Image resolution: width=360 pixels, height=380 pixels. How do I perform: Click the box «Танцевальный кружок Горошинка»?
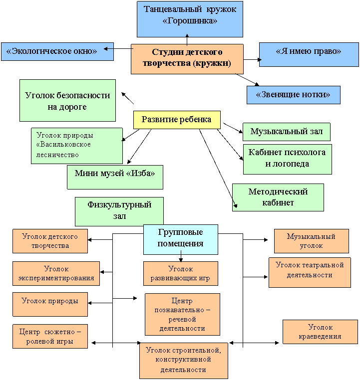190,19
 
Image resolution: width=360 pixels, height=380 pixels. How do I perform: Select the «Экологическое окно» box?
57,52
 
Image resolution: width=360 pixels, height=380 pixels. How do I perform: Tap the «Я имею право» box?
309,54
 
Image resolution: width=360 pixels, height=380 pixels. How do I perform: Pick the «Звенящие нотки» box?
294,95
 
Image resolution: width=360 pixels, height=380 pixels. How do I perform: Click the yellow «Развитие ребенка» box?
177,120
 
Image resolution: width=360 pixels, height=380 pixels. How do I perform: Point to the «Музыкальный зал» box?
287,132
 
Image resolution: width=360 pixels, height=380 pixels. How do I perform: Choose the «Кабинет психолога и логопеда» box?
288,159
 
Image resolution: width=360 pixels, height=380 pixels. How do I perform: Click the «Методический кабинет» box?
278,197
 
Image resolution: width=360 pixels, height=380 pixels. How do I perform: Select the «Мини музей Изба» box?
115,177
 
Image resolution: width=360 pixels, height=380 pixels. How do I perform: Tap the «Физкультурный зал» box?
119,211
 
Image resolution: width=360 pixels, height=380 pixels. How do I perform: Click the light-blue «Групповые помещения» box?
181,239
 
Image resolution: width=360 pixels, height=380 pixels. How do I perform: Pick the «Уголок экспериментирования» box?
56,273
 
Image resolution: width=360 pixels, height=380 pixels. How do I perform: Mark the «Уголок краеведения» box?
320,332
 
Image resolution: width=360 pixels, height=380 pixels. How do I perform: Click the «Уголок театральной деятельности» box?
310,272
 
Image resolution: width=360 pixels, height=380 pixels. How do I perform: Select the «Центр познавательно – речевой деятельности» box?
182,314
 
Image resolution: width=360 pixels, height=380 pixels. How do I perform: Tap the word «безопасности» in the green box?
83,95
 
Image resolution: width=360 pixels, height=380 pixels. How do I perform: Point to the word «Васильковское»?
63,145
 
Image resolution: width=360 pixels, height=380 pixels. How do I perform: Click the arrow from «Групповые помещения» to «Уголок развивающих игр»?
181,258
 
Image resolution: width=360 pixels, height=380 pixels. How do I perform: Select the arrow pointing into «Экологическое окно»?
119,49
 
